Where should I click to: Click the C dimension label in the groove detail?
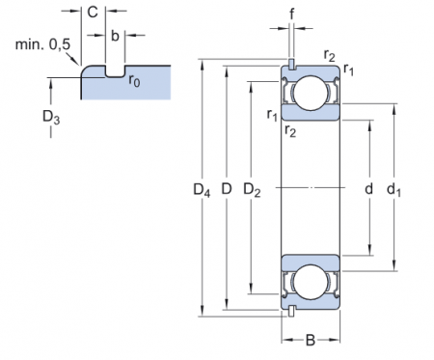tap(92, 13)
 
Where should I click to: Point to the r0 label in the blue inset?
tap(136, 80)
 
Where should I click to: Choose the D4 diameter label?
tap(201, 189)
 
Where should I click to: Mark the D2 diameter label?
tap(253, 189)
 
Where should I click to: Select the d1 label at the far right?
tap(394, 189)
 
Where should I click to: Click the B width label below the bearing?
tap(311, 340)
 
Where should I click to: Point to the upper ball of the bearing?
tap(311, 94)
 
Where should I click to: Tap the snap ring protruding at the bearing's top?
tap(290, 64)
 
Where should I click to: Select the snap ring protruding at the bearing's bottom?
tap(290, 310)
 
